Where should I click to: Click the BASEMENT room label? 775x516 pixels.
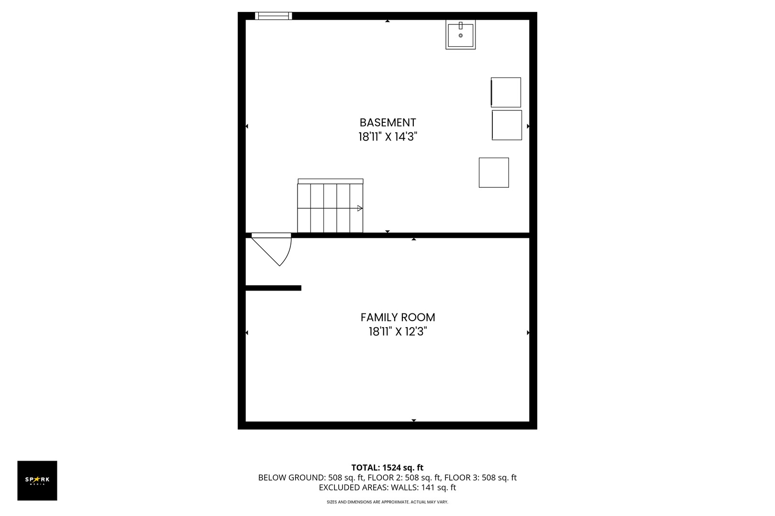387,122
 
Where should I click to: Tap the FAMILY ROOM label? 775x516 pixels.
398,317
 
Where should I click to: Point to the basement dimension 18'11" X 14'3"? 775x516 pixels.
387,137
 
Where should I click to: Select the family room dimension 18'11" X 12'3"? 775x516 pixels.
398,332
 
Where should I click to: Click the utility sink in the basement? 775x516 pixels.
461,34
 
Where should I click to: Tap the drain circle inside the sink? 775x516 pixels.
461,35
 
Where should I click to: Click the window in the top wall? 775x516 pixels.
274,16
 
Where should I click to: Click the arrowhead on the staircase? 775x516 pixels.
360,208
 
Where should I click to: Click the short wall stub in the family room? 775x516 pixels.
273,288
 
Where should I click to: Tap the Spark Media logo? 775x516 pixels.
37,480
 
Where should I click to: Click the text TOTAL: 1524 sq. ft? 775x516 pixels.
387,468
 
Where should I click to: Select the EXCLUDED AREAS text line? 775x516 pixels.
387,488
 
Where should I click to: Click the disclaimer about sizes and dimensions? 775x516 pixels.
387,502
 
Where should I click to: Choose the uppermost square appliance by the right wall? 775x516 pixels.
506,92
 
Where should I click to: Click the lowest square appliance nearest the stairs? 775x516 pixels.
494,172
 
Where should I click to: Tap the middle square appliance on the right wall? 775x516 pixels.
507,125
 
